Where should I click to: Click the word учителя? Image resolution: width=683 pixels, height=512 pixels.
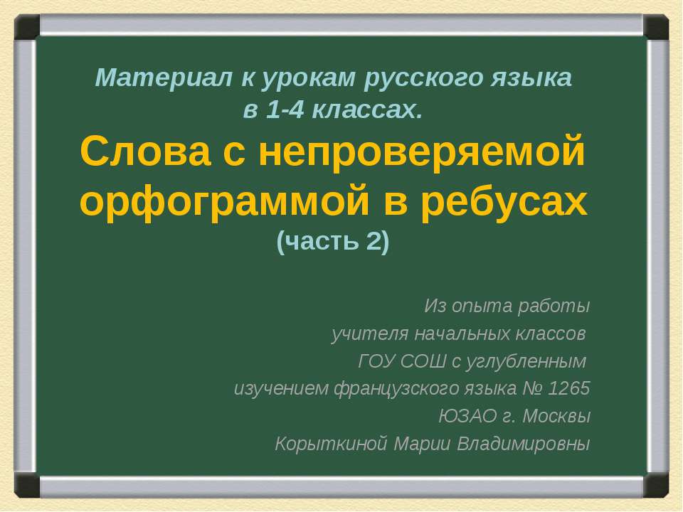click(361, 334)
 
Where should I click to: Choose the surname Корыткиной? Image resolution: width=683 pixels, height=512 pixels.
click(332, 444)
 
